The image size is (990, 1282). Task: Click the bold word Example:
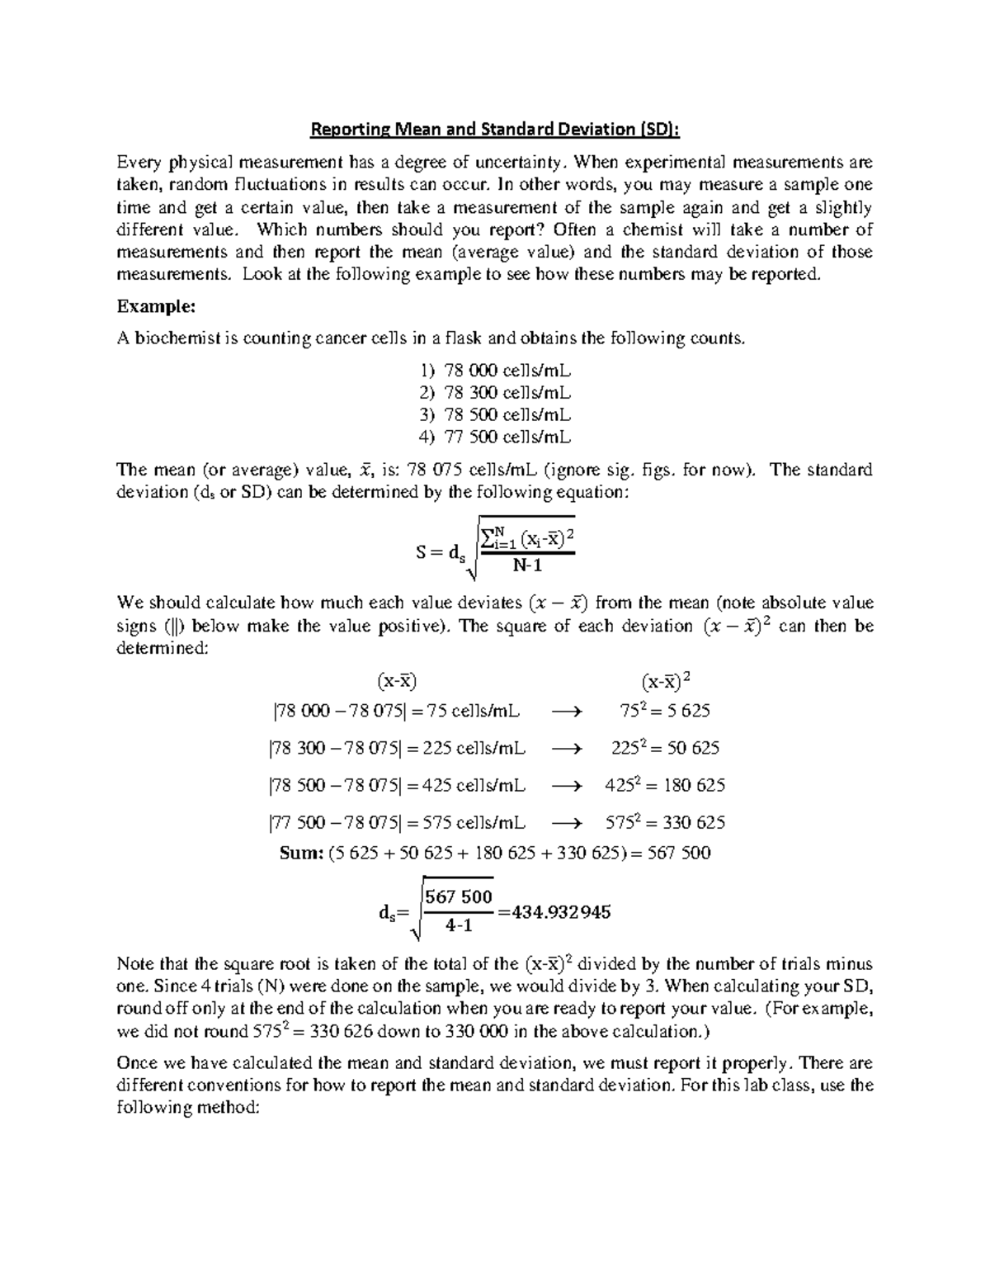[156, 307]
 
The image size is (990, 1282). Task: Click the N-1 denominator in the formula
[527, 566]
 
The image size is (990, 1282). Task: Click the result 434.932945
[560, 912]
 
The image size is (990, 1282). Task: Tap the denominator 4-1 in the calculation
[458, 926]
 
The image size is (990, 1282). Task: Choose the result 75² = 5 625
[665, 711]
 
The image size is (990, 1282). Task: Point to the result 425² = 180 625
[665, 785]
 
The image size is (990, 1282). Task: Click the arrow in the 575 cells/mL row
[566, 823]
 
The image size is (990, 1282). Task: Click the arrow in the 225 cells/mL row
[566, 749]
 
